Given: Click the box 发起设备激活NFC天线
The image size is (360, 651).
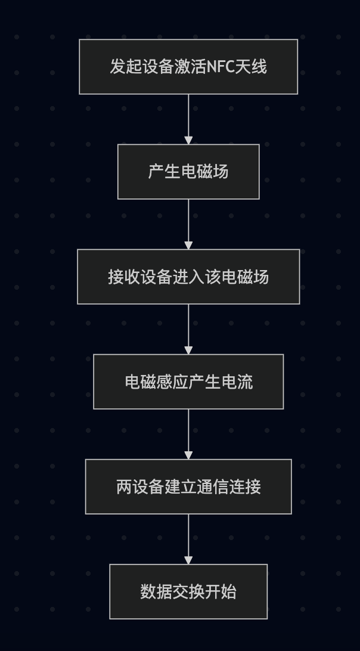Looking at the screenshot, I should pyautogui.click(x=188, y=67).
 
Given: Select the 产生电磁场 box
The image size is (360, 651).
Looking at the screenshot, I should pyautogui.click(x=188, y=172).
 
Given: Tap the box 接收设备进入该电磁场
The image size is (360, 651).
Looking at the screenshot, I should pyautogui.click(x=188, y=277).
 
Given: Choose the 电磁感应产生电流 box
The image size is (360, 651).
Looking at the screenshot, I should pyautogui.click(x=188, y=382).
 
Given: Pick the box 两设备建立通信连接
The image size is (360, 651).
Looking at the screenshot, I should pyautogui.click(x=188, y=486).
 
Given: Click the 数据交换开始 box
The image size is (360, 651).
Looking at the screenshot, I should pyautogui.click(x=188, y=591).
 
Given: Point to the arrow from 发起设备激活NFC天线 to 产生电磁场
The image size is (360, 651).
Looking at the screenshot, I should pyautogui.click(x=188, y=119).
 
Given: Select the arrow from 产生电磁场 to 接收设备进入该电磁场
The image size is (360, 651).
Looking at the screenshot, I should pyautogui.click(x=188, y=224).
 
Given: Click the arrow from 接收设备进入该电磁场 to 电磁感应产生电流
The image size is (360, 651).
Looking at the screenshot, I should pyautogui.click(x=188, y=329).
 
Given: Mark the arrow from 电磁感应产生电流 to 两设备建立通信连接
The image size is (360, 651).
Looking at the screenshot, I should pyautogui.click(x=188, y=434).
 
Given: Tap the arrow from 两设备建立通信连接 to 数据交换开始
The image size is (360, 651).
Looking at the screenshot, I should pyautogui.click(x=188, y=539).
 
